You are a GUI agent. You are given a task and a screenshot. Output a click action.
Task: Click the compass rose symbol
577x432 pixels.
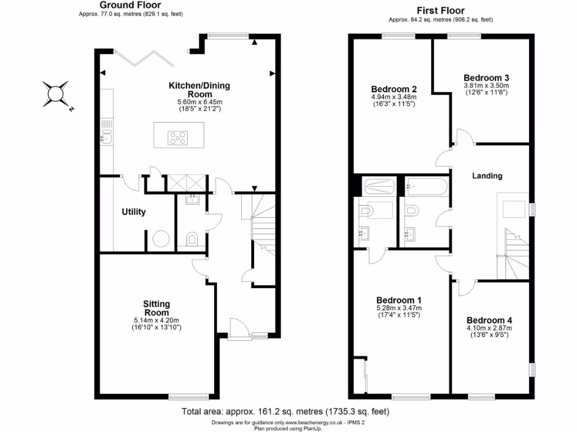tap(56, 93)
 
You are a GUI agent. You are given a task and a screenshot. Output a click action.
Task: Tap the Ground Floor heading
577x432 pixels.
tap(130, 6)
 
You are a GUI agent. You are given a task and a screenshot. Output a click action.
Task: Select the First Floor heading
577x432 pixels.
tap(441, 11)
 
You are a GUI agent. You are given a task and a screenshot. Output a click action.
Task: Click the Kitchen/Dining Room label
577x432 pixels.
tap(199, 89)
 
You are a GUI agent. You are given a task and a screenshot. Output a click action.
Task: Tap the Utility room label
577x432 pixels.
tap(134, 212)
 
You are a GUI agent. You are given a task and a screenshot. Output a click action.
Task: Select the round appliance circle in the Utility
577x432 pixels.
tap(161, 240)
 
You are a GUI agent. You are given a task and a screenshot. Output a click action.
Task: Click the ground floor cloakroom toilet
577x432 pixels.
tap(192, 240)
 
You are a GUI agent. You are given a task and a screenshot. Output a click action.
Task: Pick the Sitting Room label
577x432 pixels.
tap(156, 308)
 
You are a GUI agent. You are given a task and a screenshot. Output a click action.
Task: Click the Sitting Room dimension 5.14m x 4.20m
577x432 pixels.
tap(157, 320)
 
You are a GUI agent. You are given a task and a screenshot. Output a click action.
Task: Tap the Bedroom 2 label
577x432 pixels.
tap(394, 89)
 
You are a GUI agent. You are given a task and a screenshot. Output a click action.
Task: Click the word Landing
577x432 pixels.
tap(487, 175)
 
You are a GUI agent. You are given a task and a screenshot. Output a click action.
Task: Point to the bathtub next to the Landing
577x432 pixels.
tap(426, 185)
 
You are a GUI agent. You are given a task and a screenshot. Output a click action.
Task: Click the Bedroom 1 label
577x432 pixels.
tap(398, 300)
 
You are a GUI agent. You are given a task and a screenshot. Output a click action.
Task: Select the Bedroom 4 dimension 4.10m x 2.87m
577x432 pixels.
tap(489, 328)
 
